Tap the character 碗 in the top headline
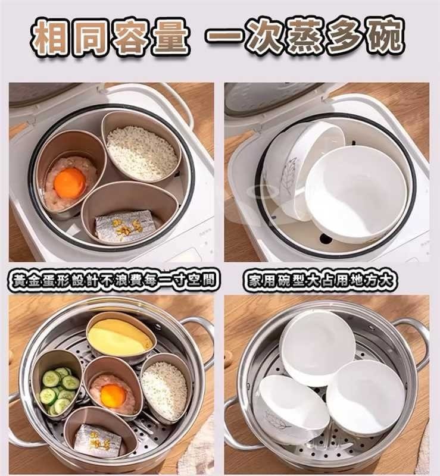click(384, 36)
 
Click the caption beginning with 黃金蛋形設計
click(113, 280)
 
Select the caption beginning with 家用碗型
click(320, 280)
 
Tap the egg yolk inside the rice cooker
click(70, 183)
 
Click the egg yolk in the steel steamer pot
click(113, 396)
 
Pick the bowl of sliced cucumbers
click(57, 384)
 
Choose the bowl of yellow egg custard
click(121, 336)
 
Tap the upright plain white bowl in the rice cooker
click(357, 194)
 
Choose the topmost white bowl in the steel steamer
click(318, 347)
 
